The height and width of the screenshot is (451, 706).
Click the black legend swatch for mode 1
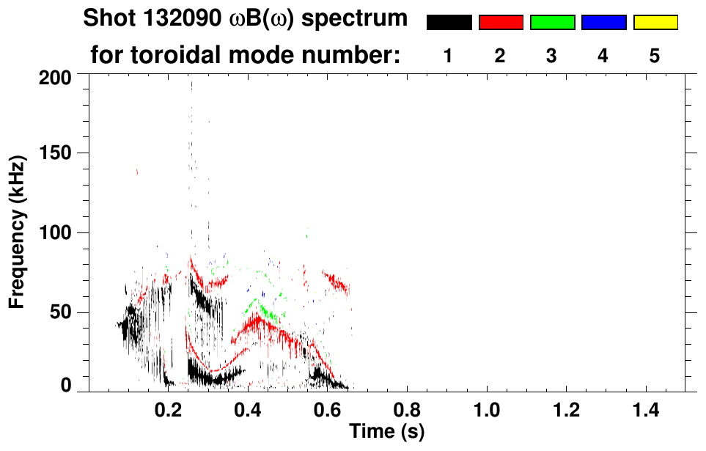449,23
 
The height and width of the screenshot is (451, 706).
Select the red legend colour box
501,23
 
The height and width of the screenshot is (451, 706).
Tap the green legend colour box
552,23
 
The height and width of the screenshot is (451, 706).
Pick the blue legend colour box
603,23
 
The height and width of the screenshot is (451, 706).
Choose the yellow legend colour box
655,23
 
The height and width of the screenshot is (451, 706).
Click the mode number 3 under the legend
551,56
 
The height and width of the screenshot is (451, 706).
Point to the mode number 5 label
655,56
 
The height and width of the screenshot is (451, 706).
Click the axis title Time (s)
386,430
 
